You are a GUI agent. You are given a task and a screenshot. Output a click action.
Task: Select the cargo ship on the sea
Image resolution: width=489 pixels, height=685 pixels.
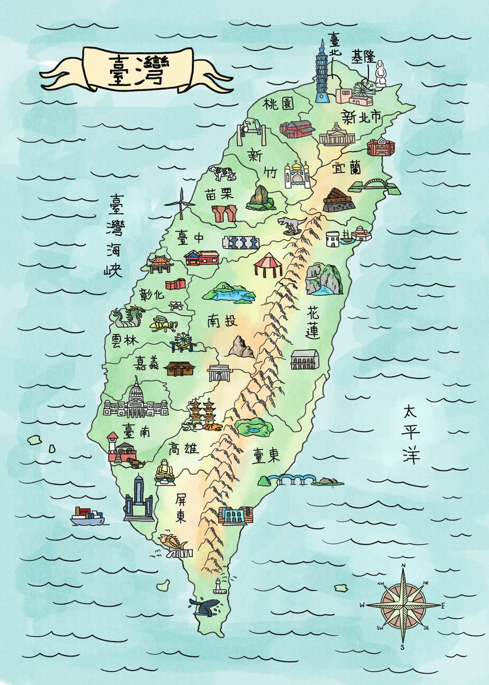click(87, 516)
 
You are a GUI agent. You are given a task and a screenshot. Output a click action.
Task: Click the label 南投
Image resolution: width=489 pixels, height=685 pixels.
click(222, 321)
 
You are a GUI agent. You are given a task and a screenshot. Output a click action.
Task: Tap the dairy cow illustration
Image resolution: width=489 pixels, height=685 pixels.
click(222, 173)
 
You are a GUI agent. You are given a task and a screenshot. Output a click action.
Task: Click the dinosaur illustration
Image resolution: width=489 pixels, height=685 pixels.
click(290, 225)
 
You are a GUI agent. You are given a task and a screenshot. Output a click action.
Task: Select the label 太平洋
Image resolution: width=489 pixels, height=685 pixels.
click(411, 434)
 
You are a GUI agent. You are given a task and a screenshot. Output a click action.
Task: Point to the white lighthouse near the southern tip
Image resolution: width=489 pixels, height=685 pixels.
click(217, 585)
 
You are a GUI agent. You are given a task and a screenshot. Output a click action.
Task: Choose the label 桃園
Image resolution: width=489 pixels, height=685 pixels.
click(278, 104)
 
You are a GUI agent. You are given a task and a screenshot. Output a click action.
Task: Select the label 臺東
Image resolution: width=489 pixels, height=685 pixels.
click(266, 454)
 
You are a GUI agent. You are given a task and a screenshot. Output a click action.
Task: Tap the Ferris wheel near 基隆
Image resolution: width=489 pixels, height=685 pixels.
click(363, 91)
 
